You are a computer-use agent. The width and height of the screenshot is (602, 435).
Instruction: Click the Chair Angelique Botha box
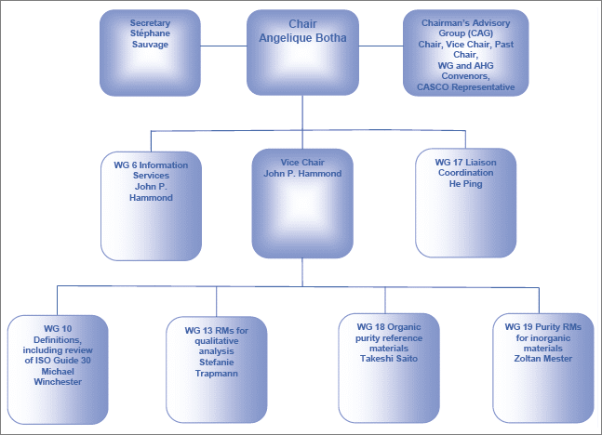point(302,52)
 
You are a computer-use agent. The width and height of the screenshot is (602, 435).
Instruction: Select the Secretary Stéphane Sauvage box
point(149,52)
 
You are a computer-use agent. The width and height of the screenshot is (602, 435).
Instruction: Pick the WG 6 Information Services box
point(150,204)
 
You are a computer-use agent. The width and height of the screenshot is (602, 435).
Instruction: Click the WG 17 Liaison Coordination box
point(465,203)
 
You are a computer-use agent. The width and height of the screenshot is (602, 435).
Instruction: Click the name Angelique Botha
point(302,38)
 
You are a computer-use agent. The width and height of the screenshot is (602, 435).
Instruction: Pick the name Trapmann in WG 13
point(217,371)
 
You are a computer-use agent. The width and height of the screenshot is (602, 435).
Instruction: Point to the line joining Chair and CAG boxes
point(381,46)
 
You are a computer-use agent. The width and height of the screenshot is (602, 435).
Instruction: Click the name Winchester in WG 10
point(58,381)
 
